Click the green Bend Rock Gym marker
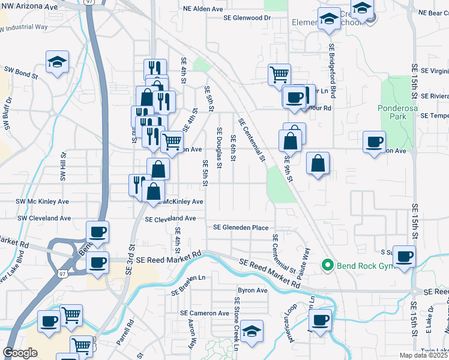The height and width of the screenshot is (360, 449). (328, 264)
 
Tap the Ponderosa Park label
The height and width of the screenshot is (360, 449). (393, 112)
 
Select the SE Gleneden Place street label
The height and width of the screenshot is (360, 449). (241, 227)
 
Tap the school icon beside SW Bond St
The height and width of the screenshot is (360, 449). (58, 62)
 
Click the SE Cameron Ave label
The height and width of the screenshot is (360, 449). (205, 313)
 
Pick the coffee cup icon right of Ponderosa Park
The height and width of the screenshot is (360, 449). (375, 143)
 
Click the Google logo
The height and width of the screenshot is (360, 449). (20, 353)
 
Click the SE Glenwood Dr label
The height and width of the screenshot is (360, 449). (247, 18)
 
